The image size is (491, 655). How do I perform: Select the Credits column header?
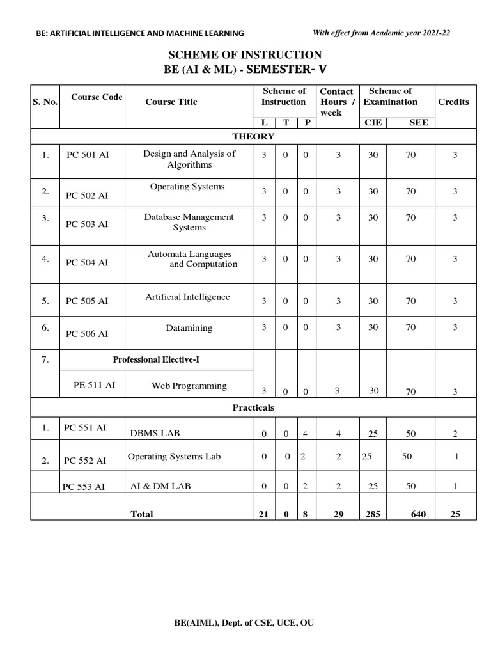(453, 102)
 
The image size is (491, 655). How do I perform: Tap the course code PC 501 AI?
(88, 155)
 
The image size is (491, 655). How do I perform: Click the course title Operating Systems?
(187, 187)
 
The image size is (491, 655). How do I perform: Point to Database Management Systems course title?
(189, 222)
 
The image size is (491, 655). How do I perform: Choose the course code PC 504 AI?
(88, 262)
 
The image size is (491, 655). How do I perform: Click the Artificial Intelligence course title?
(187, 297)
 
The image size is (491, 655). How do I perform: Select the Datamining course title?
(189, 328)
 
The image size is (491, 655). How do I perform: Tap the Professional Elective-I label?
(156, 359)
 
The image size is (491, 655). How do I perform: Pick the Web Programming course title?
(189, 386)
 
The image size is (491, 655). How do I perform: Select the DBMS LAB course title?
(155, 433)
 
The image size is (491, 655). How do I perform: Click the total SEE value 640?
(419, 514)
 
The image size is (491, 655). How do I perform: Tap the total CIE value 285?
(373, 514)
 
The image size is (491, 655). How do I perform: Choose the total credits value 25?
(455, 514)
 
